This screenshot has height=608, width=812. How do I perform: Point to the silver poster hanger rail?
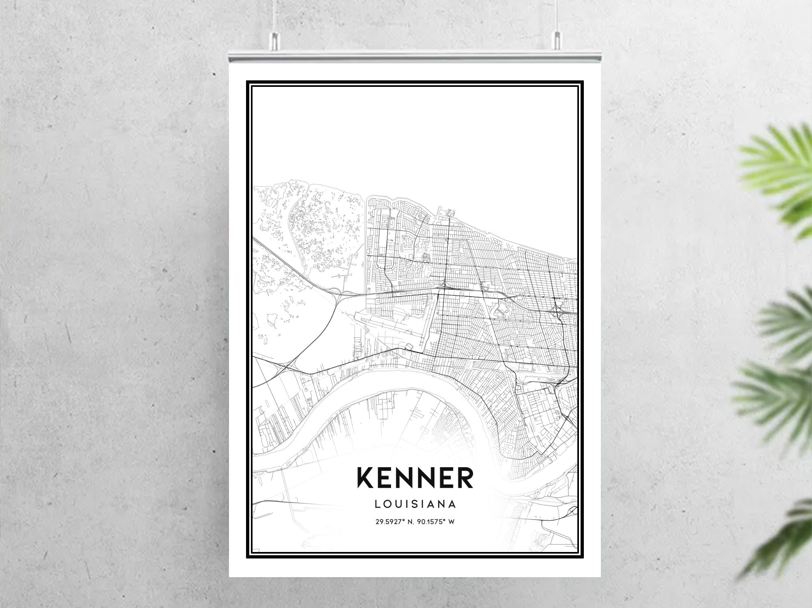click(415, 57)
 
